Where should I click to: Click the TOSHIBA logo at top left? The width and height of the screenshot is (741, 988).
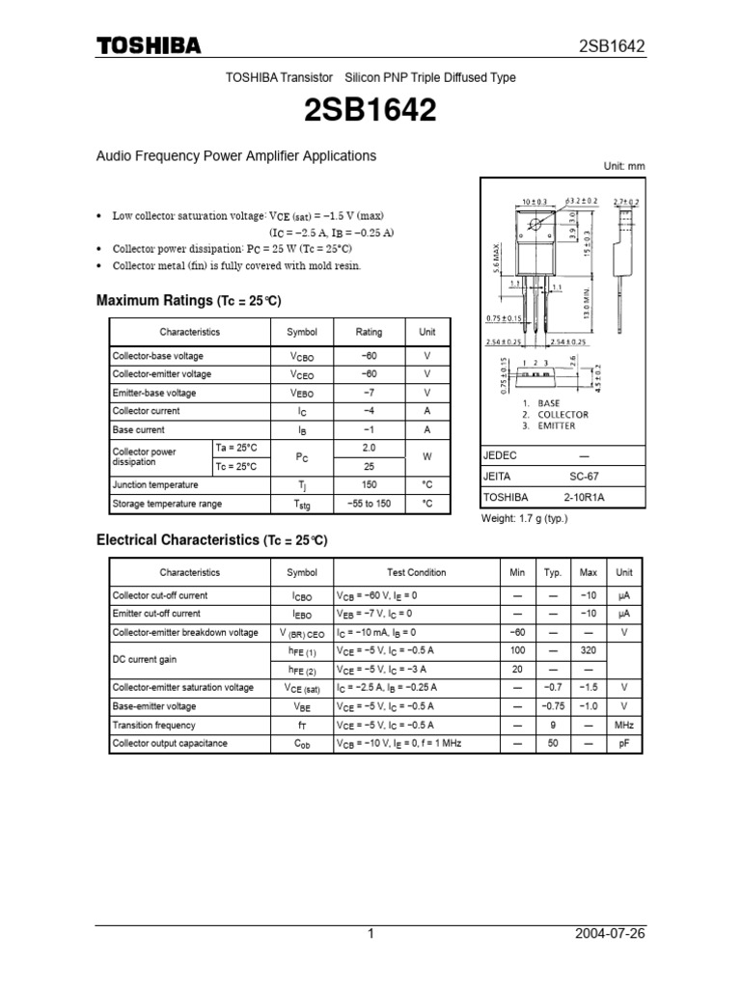[148, 46]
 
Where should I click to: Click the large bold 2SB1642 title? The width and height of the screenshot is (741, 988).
[370, 112]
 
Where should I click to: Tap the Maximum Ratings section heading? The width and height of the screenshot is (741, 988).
[189, 301]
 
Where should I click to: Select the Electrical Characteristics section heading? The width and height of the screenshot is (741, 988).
[212, 540]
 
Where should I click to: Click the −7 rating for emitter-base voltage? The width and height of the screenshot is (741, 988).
[369, 393]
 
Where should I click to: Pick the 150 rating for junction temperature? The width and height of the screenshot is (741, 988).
[369, 485]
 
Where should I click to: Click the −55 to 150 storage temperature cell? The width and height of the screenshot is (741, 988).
[369, 504]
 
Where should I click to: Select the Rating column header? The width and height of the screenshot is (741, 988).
[369, 332]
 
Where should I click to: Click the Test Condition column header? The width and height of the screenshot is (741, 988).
[416, 572]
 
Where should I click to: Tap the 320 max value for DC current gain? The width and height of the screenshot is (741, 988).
[588, 651]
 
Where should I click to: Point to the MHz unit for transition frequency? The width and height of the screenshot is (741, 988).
[624, 725]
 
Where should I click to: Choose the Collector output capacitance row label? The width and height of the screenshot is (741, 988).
[170, 743]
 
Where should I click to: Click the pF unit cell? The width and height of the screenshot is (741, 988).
[624, 743]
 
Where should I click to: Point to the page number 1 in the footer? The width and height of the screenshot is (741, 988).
[370, 935]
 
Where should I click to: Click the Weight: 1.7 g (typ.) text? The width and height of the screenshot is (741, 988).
[525, 518]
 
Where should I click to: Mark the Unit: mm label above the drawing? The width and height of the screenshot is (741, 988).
[623, 166]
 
